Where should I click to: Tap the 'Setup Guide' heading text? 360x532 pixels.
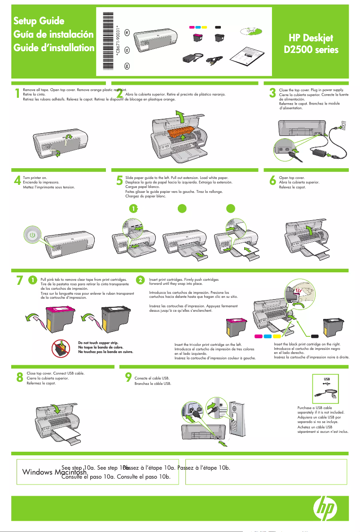click(39, 21)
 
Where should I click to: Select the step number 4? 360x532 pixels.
click(18, 180)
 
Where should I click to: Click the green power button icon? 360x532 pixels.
click(31, 235)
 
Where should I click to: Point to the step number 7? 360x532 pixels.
click(19, 280)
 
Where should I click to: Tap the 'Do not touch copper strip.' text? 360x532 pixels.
click(97, 343)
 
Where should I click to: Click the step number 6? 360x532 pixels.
click(272, 180)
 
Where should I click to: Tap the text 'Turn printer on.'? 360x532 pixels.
click(35, 178)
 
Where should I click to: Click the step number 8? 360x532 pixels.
click(19, 378)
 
